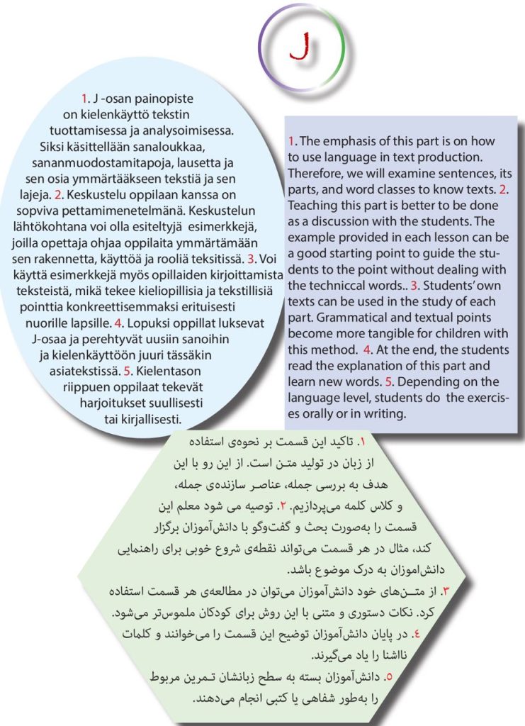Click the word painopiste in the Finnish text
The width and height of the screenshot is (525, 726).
[x=164, y=98]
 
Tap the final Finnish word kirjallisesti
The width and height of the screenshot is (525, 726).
[x=150, y=418]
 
